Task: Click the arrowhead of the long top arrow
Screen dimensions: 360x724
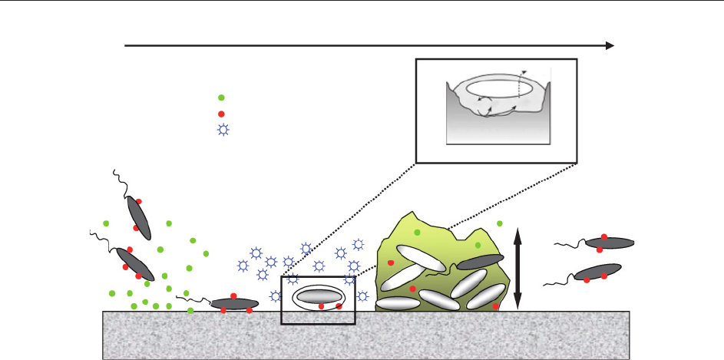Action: pyautogui.click(x=610, y=45)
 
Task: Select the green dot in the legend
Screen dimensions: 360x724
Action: pyautogui.click(x=221, y=97)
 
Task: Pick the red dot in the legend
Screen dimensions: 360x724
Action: pyautogui.click(x=221, y=114)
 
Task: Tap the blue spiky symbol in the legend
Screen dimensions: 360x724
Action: pyautogui.click(x=223, y=130)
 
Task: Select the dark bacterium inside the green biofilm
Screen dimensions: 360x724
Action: pyautogui.click(x=481, y=262)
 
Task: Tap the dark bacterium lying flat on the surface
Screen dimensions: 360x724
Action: pyautogui.click(x=233, y=304)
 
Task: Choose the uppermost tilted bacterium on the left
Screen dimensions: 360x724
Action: pyautogui.click(x=139, y=217)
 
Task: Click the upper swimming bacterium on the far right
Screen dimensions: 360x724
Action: pyautogui.click(x=610, y=243)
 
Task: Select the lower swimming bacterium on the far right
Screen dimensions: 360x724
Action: pyautogui.click(x=598, y=272)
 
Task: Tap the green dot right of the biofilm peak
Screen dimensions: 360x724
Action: pyautogui.click(x=500, y=223)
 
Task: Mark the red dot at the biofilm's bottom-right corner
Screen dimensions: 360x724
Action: pyautogui.click(x=496, y=306)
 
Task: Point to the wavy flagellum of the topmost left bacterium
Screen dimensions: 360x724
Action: pyautogui.click(x=119, y=182)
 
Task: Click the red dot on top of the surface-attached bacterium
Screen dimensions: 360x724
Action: pyautogui.click(x=233, y=296)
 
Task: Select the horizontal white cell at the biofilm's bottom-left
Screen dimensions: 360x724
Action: pyautogui.click(x=398, y=303)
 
